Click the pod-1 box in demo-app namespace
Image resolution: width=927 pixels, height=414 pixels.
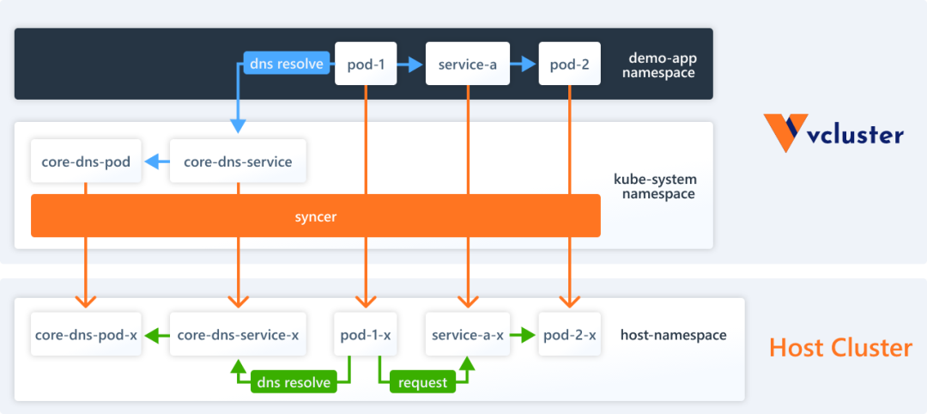coord(367,64)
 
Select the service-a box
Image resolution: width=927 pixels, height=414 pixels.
coord(468,64)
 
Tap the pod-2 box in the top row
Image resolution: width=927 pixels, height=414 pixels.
coord(569,64)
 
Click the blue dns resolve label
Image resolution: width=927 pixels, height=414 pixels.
coord(287,64)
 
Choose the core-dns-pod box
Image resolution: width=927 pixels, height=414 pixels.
coord(86,161)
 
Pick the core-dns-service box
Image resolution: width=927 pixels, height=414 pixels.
coord(238,161)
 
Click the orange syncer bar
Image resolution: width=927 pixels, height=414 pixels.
coord(315,216)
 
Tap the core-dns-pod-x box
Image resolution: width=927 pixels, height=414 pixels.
coord(86,334)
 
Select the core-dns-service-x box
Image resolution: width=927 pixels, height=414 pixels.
coord(238,334)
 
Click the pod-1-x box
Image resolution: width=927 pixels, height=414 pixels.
coord(367,334)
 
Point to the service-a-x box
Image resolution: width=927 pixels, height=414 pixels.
coord(468,334)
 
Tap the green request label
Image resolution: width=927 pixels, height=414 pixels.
coord(422,382)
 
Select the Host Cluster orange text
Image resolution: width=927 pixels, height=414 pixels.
coord(839,348)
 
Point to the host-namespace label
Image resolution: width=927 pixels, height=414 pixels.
coord(673,335)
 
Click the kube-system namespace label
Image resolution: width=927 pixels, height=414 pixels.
coord(655,186)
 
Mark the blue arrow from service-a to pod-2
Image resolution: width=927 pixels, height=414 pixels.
coord(524,64)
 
